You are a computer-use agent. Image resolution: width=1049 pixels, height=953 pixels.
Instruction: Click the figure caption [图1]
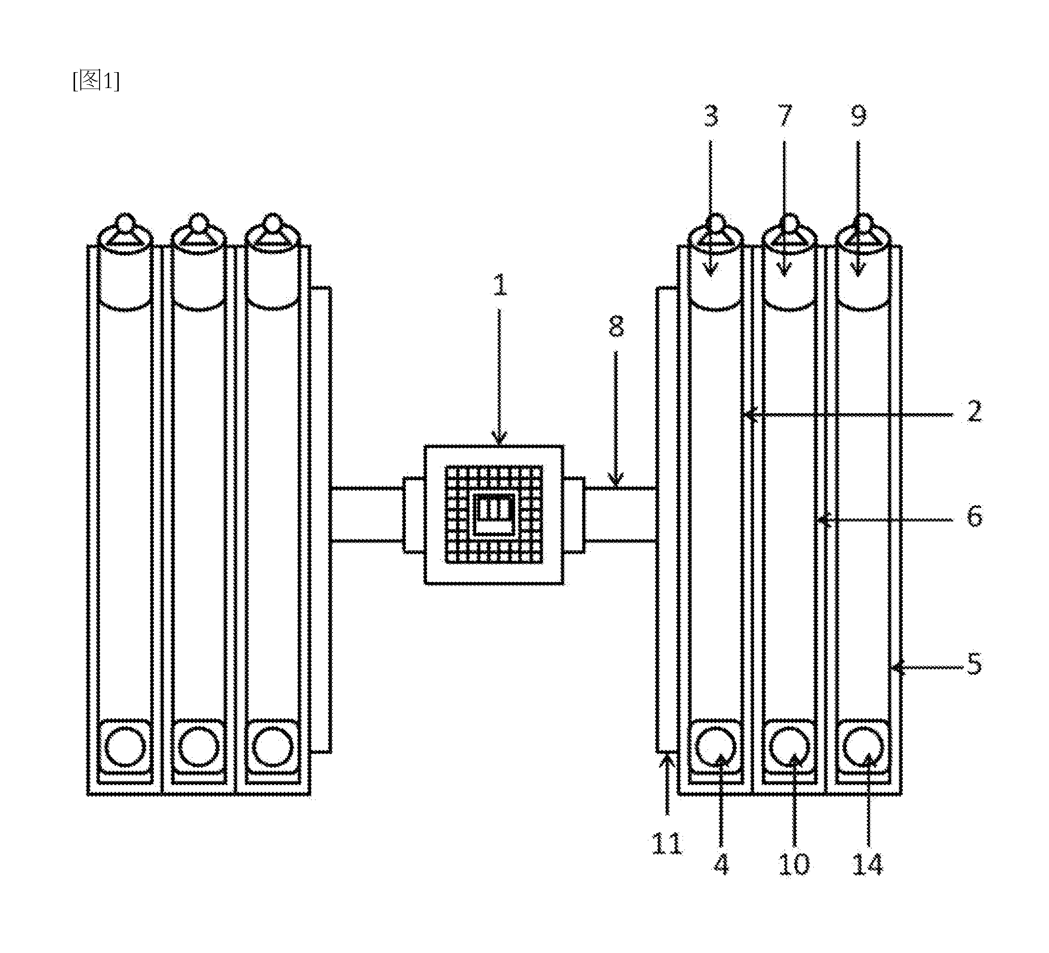96,81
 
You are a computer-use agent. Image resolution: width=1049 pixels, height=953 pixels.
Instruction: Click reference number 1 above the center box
500,285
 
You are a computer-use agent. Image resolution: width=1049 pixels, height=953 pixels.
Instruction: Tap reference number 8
616,327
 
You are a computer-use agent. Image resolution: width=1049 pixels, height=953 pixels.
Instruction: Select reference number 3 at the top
711,116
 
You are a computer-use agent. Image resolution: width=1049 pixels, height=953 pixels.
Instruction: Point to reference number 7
784,116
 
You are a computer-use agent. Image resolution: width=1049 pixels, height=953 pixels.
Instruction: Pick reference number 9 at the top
859,116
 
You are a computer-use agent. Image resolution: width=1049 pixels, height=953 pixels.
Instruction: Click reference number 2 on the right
974,411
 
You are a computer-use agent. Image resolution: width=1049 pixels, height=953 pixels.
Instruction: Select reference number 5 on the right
974,663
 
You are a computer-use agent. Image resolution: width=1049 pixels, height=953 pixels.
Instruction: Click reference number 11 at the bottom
667,844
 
